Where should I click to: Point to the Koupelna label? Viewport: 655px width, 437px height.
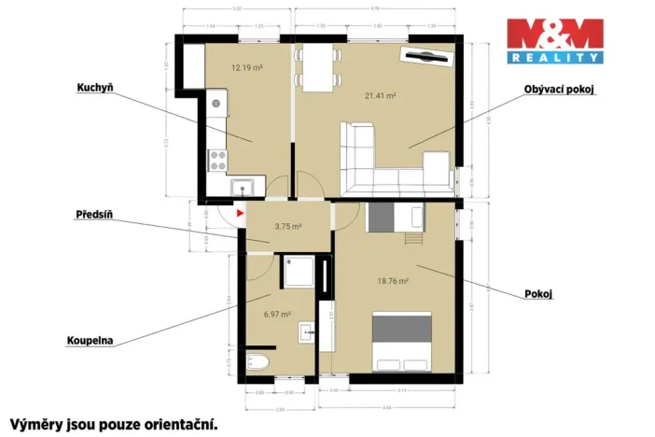[x=90, y=341]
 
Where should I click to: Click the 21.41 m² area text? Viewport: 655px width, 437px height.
[x=381, y=95]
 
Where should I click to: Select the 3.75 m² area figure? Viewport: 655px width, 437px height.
[x=287, y=226]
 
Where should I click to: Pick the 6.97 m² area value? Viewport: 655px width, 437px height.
[x=277, y=315]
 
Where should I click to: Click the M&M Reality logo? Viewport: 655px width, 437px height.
[x=554, y=41]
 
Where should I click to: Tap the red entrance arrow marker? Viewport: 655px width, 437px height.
[x=240, y=213]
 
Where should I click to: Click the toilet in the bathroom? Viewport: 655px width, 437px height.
[x=258, y=361]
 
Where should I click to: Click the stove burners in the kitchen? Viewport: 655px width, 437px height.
[x=217, y=159]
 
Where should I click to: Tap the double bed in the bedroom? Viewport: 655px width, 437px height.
[x=402, y=340]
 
